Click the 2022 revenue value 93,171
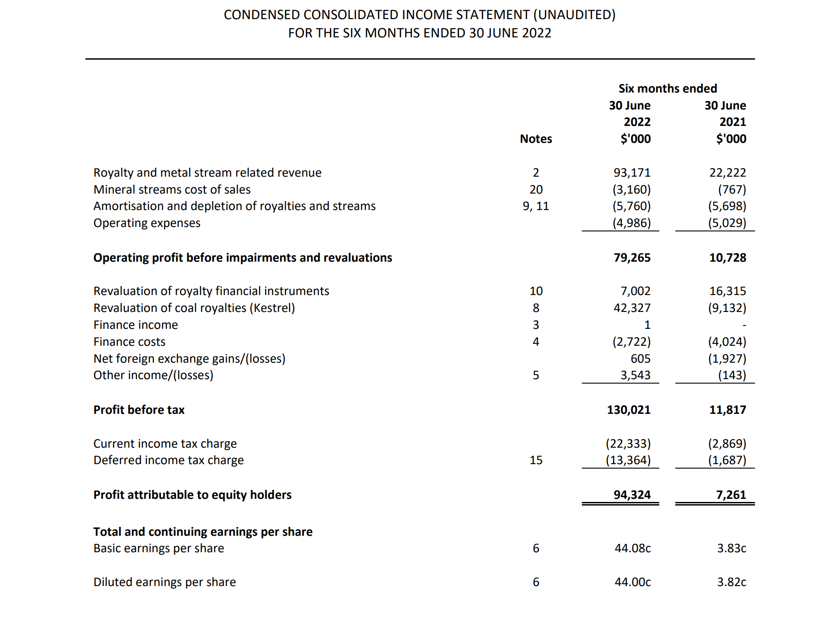[x=632, y=173]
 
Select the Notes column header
[x=536, y=139]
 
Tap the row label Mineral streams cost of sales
[x=172, y=190]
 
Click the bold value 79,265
[x=632, y=258]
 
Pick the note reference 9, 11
[x=536, y=206]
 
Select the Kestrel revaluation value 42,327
[x=632, y=308]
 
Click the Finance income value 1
[x=647, y=325]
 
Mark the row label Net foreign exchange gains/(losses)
[x=189, y=359]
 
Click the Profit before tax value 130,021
[x=629, y=410]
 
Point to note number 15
[x=536, y=460]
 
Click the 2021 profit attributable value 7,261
[x=731, y=495]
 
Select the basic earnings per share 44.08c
[x=632, y=548]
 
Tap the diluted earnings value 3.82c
[x=731, y=582]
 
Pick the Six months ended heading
[x=667, y=89]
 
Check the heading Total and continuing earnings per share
[x=203, y=532]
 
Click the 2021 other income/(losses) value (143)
[x=731, y=375]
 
